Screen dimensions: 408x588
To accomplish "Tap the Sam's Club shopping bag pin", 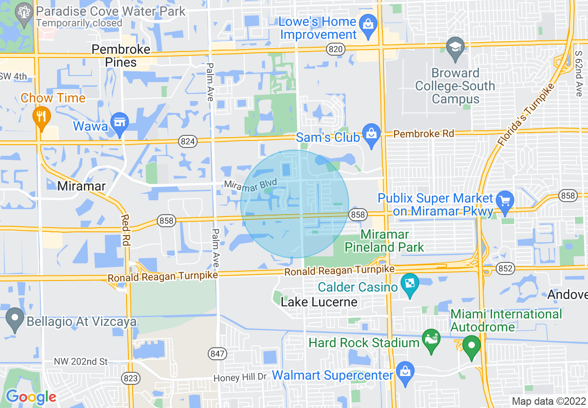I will [371, 134].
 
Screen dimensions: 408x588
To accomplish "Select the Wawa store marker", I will [120, 123].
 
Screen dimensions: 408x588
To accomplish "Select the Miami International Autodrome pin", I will [472, 346].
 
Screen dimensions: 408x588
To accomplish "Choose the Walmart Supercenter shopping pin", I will [405, 372].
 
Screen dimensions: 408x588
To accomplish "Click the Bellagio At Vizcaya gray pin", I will [15, 319].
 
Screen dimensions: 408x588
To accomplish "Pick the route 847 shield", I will [218, 354].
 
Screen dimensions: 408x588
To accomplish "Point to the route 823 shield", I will [131, 378].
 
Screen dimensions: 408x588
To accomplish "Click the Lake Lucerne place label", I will [320, 302].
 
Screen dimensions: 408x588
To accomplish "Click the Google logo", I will [31, 397].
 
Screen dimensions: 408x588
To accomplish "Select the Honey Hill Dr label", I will [240, 378].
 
